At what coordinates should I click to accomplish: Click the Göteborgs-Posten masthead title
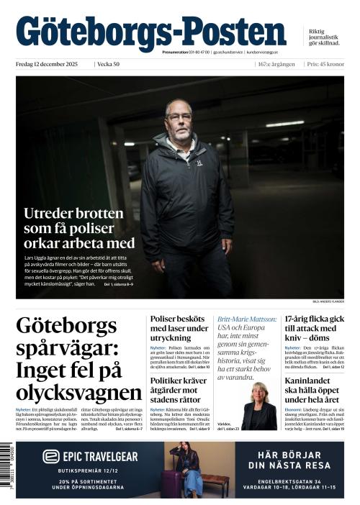tap(151, 32)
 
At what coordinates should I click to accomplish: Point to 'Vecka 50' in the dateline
tap(109, 65)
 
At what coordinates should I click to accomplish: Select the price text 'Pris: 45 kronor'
tap(325, 65)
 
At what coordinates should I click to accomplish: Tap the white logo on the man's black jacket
tap(200, 163)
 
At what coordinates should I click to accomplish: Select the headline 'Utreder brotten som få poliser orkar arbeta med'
tap(79, 228)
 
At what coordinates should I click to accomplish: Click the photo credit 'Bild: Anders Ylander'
tap(328, 303)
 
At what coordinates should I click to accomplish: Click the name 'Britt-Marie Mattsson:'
tap(247, 318)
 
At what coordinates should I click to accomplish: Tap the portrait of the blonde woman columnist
tap(258, 406)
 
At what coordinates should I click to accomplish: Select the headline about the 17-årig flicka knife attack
tap(314, 328)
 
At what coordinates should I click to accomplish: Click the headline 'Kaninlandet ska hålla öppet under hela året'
tap(314, 389)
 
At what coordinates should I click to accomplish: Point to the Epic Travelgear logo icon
tap(50, 456)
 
